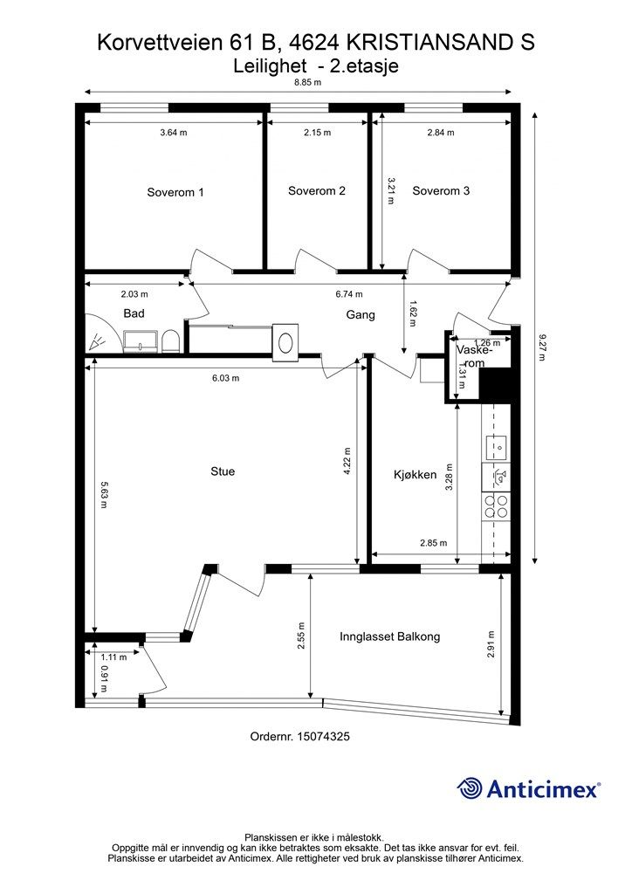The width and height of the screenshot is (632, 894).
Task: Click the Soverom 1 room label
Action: (x=175, y=192)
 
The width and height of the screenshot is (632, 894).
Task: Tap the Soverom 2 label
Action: (x=316, y=191)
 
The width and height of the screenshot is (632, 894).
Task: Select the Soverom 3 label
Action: (x=441, y=191)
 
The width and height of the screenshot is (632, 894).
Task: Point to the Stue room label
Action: (x=223, y=471)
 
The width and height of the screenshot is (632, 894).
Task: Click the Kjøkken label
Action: (x=415, y=474)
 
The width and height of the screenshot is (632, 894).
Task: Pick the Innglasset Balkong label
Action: (x=390, y=636)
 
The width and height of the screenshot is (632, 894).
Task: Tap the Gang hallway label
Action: (x=361, y=314)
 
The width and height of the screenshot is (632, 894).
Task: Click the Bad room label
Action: (x=134, y=313)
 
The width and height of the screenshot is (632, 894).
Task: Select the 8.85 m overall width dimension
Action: (x=308, y=82)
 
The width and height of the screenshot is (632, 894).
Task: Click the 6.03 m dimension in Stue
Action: (x=225, y=377)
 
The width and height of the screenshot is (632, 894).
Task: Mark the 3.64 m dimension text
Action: (x=173, y=133)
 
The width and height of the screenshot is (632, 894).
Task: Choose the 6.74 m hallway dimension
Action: (x=349, y=294)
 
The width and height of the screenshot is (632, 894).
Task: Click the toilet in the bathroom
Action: (x=171, y=341)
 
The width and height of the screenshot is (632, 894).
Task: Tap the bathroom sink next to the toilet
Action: (x=141, y=341)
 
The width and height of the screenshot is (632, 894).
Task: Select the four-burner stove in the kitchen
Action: (x=496, y=507)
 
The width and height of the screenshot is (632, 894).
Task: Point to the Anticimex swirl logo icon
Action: (x=471, y=789)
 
